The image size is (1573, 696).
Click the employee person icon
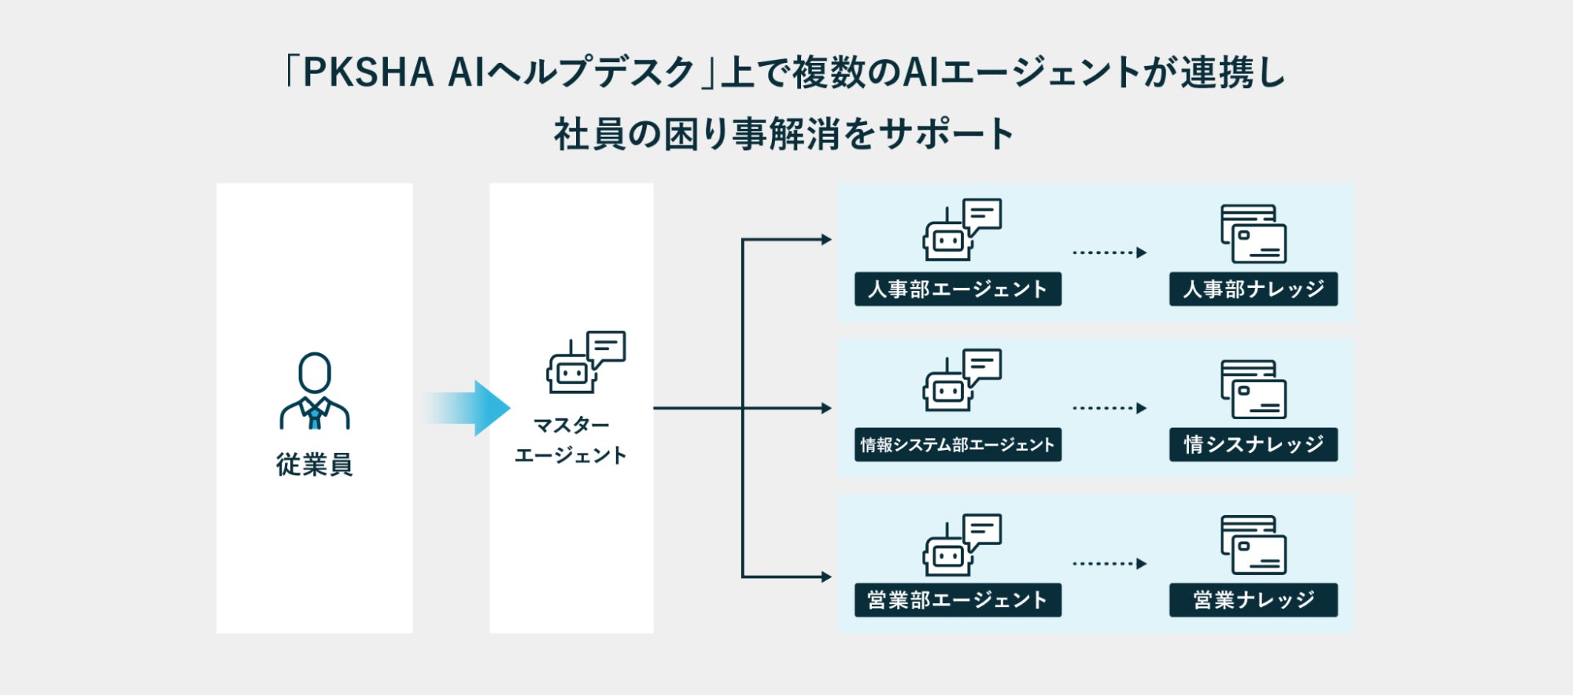314,391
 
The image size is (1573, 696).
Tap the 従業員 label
314,465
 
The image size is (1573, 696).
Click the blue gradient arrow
469,408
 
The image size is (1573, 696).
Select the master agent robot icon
585,362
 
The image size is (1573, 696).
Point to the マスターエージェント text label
570,440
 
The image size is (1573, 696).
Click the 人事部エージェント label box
957,289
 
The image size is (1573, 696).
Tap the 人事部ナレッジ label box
1253,289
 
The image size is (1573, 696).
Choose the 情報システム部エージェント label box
957,445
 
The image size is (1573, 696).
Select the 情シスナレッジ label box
1253,445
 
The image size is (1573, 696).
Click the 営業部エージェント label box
957,600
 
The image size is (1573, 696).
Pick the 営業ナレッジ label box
1253,600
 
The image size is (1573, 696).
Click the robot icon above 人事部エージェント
961,230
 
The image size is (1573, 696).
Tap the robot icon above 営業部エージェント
961,545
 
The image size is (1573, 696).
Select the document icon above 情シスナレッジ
1253,389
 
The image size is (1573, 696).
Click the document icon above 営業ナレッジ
1253,545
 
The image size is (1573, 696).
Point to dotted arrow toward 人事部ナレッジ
1109,252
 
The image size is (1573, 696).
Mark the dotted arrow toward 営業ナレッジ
1109,564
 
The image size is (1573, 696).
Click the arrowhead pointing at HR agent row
826,240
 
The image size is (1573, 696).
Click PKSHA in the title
367,72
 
